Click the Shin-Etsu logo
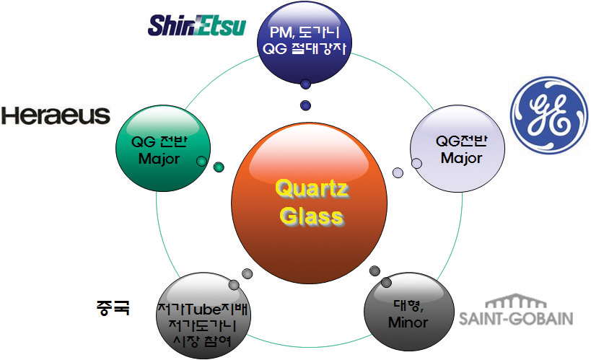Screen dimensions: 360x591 click(x=197, y=25)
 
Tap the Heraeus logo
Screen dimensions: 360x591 click(x=56, y=115)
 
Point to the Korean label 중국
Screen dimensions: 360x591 click(x=112, y=308)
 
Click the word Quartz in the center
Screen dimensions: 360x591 click(x=312, y=190)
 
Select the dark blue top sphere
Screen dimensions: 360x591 click(x=305, y=40)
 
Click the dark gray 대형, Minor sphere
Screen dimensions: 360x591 click(x=407, y=311)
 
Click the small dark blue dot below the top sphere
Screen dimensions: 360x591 click(x=305, y=105)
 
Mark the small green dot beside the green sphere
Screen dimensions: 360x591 click(x=219, y=167)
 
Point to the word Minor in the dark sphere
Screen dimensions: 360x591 click(x=408, y=322)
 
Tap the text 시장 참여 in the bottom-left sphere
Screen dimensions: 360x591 click(x=204, y=341)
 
